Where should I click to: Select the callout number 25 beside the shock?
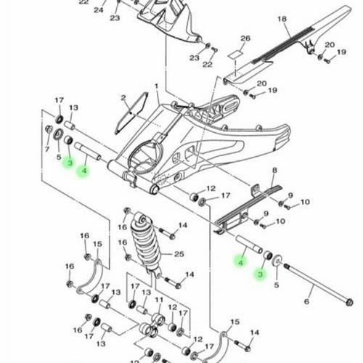179,254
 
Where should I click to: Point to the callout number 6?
307,301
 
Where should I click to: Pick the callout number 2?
123,97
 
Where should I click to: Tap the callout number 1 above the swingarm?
157,86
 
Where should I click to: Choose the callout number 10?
305,202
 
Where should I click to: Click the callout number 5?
276,285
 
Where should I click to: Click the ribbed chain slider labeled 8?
247,207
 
